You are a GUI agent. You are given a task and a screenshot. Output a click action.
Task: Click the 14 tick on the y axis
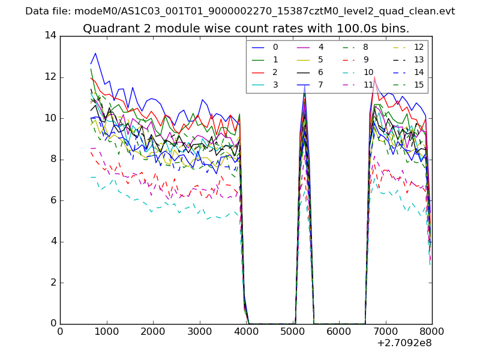tap(50, 35)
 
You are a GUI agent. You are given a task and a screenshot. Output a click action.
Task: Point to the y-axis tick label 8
tap(53, 159)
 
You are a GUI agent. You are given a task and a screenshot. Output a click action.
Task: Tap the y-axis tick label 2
tap(53, 283)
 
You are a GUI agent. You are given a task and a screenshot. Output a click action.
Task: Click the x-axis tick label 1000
tap(106, 331)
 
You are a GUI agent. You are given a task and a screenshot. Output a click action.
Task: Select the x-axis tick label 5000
tap(292, 331)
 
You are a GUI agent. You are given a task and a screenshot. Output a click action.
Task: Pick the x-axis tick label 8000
tap(431, 331)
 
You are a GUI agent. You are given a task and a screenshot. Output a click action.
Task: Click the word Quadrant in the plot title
tap(108, 29)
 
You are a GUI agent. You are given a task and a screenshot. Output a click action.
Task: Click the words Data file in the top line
tap(48, 11)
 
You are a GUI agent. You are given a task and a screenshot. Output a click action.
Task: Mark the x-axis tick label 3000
tap(199, 331)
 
